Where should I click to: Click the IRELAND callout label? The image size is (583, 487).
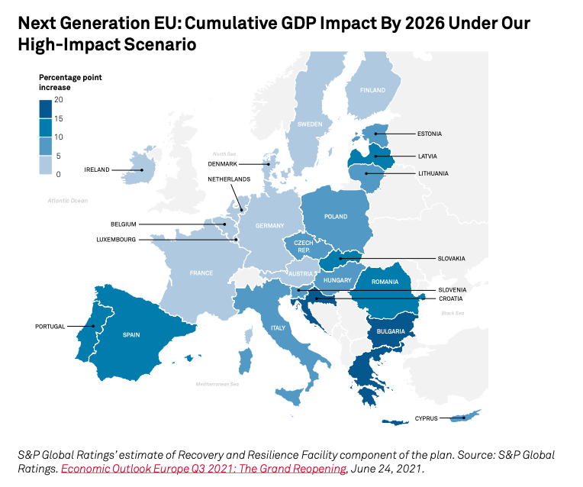[97, 170]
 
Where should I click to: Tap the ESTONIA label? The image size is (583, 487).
[430, 134]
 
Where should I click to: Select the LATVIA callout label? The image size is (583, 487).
[428, 156]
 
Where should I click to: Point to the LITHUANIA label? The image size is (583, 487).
[433, 173]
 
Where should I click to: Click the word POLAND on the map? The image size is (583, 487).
[336, 217]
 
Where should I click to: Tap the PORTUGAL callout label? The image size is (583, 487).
[50, 327]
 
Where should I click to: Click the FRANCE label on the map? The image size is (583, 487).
[201, 273]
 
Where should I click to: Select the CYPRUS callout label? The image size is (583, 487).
[427, 418]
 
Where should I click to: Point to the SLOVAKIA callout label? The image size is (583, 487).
[452, 259]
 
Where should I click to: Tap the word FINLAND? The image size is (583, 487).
[372, 90]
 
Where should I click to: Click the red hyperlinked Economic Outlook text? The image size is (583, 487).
[205, 469]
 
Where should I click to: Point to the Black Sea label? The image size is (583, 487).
[452, 313]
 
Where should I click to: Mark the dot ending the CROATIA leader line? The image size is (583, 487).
[317, 298]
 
